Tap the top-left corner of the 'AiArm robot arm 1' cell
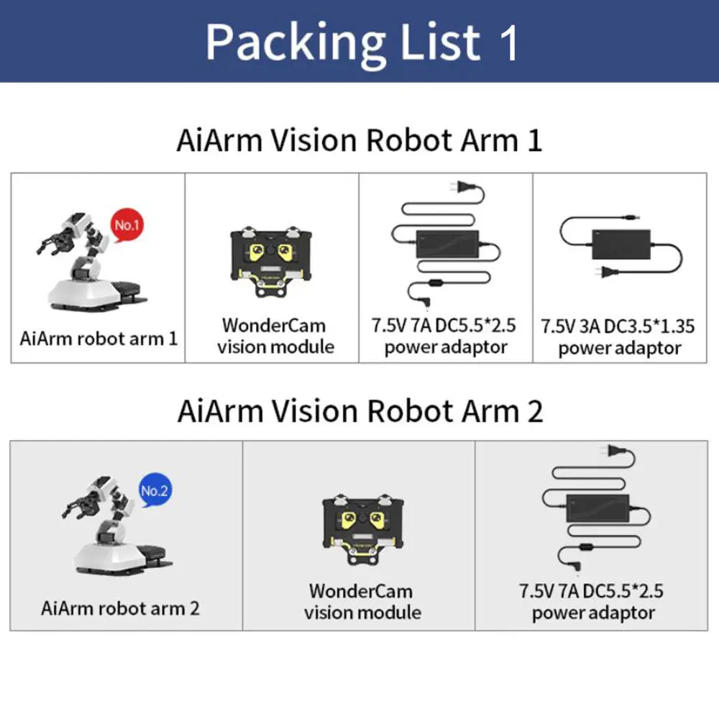[x=11, y=173]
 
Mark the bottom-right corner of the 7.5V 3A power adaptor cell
[x=707, y=362]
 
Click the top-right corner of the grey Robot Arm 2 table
[x=707, y=441]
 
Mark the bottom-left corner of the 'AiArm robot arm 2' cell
[x=10, y=631]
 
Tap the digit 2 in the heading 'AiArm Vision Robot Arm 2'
[x=534, y=411]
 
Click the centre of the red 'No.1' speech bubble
[x=127, y=225]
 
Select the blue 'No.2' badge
[x=155, y=490]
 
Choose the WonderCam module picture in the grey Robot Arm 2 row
[x=363, y=529]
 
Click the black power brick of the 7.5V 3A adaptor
[x=621, y=244]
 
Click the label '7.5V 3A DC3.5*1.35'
[x=618, y=326]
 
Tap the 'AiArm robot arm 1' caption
[x=99, y=339]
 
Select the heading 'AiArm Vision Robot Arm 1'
[x=359, y=140]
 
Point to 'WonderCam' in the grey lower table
[x=361, y=591]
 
